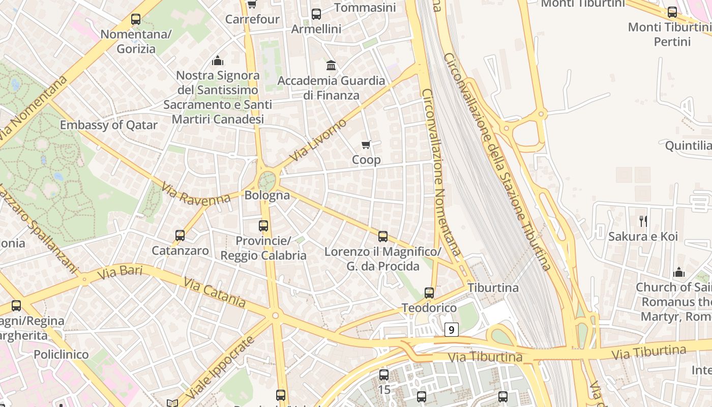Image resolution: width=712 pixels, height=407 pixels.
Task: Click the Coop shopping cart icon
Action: click(366, 145)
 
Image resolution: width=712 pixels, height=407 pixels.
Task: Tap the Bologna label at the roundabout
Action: click(267, 195)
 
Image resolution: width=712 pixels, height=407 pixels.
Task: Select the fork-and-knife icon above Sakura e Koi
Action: click(643, 221)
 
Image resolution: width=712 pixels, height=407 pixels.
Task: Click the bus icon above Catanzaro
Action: click(180, 236)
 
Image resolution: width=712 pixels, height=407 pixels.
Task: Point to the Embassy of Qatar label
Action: click(108, 125)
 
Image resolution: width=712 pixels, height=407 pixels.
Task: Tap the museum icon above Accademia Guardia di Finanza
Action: click(331, 65)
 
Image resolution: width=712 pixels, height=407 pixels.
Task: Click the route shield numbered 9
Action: click(451, 330)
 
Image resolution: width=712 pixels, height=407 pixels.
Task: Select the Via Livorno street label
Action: click(317, 140)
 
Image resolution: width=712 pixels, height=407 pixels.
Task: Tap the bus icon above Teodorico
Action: click(429, 293)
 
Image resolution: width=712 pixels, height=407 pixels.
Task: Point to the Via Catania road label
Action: click(215, 293)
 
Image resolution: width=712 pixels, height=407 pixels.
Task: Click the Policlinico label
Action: click(61, 355)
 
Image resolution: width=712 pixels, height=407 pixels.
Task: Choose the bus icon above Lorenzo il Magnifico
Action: click(383, 237)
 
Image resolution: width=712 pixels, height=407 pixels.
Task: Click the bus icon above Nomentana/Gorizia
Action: click(136, 19)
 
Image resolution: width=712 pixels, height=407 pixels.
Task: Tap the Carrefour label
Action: click(252, 19)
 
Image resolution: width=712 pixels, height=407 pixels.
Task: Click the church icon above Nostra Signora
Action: click(218, 61)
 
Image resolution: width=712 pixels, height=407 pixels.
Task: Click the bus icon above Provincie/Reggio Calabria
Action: click(263, 225)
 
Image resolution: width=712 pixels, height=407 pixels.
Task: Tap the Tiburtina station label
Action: click(493, 288)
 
